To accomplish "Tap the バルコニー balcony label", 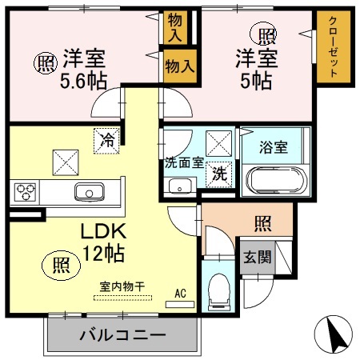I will (122, 335).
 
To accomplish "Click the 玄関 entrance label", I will (256, 257).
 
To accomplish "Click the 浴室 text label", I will (274, 147).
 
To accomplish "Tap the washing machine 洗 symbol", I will (218, 172).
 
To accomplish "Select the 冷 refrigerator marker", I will (107, 140).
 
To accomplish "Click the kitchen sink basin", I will (87, 192).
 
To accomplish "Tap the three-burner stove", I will (25, 192).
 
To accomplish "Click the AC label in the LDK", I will (182, 294).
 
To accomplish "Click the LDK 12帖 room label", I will (103, 242).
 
